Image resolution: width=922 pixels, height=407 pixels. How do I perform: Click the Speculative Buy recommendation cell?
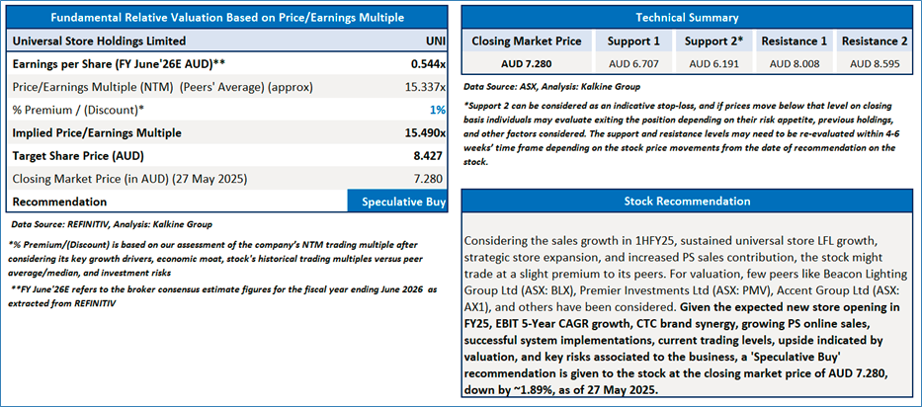point(398,202)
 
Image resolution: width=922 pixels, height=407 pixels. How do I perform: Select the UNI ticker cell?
point(432,42)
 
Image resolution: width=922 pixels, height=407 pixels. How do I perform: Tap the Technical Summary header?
point(687,17)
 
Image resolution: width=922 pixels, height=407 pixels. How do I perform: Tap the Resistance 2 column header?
point(875,41)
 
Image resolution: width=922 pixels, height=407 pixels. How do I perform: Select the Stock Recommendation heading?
point(687,202)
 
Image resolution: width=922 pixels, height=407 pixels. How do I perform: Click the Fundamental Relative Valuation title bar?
point(227,17)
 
